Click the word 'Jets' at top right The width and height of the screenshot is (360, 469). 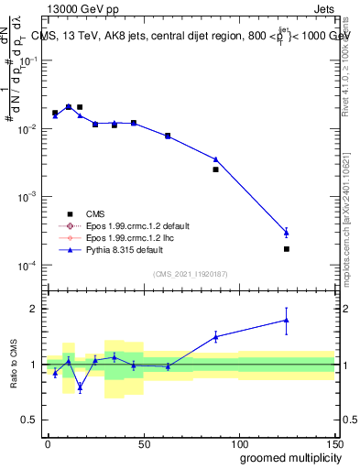tap(324, 7)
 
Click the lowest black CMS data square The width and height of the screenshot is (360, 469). tap(287, 249)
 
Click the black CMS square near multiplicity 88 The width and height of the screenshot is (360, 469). tap(216, 169)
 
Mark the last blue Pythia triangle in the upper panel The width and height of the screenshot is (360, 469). tap(287, 232)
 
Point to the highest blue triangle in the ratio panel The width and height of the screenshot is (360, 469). tap(287, 320)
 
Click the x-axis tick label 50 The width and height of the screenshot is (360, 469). tap(143, 443)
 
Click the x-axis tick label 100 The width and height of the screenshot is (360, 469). tap(238, 443)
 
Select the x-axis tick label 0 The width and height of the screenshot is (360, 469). tap(48, 443)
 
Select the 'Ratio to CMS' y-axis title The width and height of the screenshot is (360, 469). tap(14, 364)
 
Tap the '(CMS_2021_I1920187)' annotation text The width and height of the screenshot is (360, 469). tap(190, 273)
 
